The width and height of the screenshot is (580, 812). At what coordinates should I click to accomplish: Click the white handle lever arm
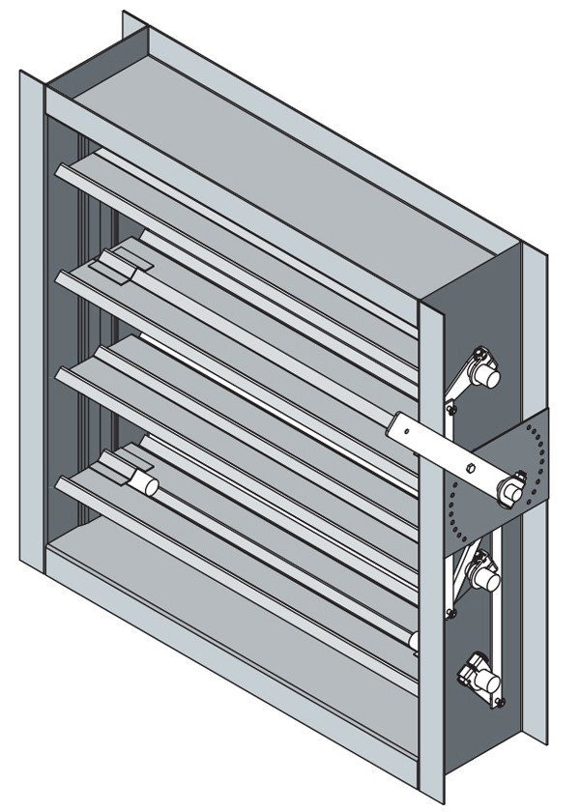coord(435,440)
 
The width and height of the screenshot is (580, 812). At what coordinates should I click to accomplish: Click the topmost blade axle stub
coord(488,375)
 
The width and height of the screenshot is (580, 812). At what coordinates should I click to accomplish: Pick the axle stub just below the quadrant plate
coord(484,577)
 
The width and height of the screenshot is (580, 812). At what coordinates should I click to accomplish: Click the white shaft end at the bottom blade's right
coord(413,640)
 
